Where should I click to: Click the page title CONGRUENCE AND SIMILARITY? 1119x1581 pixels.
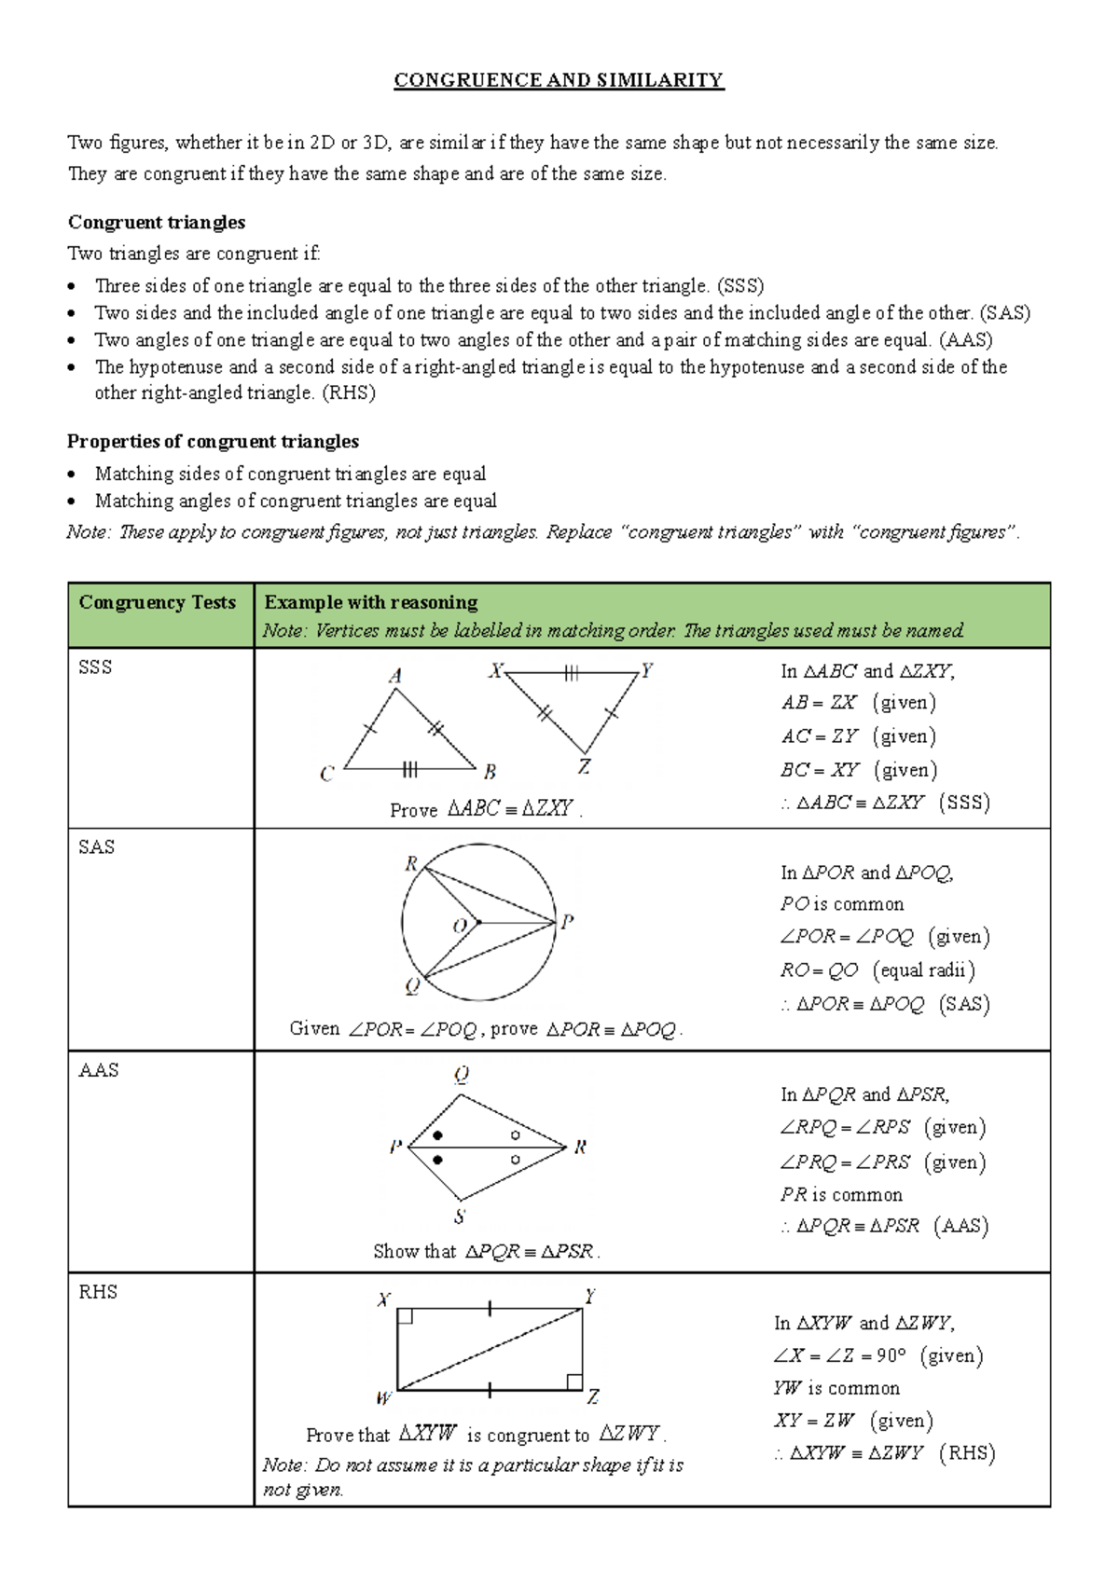(x=559, y=80)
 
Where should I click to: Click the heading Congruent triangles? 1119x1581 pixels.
(x=157, y=222)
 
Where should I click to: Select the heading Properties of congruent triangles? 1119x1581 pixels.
(x=213, y=441)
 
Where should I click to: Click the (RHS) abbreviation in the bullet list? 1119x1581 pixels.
(x=349, y=392)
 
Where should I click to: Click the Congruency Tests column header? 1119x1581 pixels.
(x=158, y=602)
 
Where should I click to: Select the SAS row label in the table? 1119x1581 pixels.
(x=97, y=847)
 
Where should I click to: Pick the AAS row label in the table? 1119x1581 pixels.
(x=99, y=1070)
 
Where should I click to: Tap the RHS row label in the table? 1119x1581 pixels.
(x=98, y=1292)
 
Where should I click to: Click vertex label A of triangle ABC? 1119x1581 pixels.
(x=395, y=677)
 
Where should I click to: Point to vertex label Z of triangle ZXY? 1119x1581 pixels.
(x=584, y=767)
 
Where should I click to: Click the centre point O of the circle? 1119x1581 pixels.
(x=478, y=923)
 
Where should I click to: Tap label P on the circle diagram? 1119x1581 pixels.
(x=567, y=922)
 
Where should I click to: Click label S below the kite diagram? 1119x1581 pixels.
(x=460, y=1217)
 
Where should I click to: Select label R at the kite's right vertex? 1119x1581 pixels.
(x=580, y=1148)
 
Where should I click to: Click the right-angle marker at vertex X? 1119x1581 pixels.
(x=406, y=1316)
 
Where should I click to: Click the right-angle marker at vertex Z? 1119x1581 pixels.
(x=574, y=1382)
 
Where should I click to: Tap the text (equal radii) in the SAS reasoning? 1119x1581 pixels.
(x=924, y=970)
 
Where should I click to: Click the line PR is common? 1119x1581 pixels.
(x=841, y=1195)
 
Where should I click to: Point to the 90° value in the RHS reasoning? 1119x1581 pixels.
(x=891, y=1355)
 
